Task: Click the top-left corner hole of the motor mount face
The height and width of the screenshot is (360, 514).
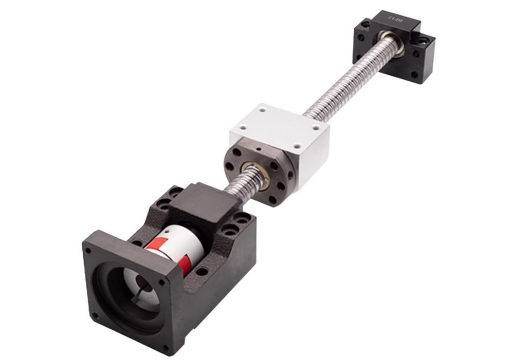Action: (x=89, y=251)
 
